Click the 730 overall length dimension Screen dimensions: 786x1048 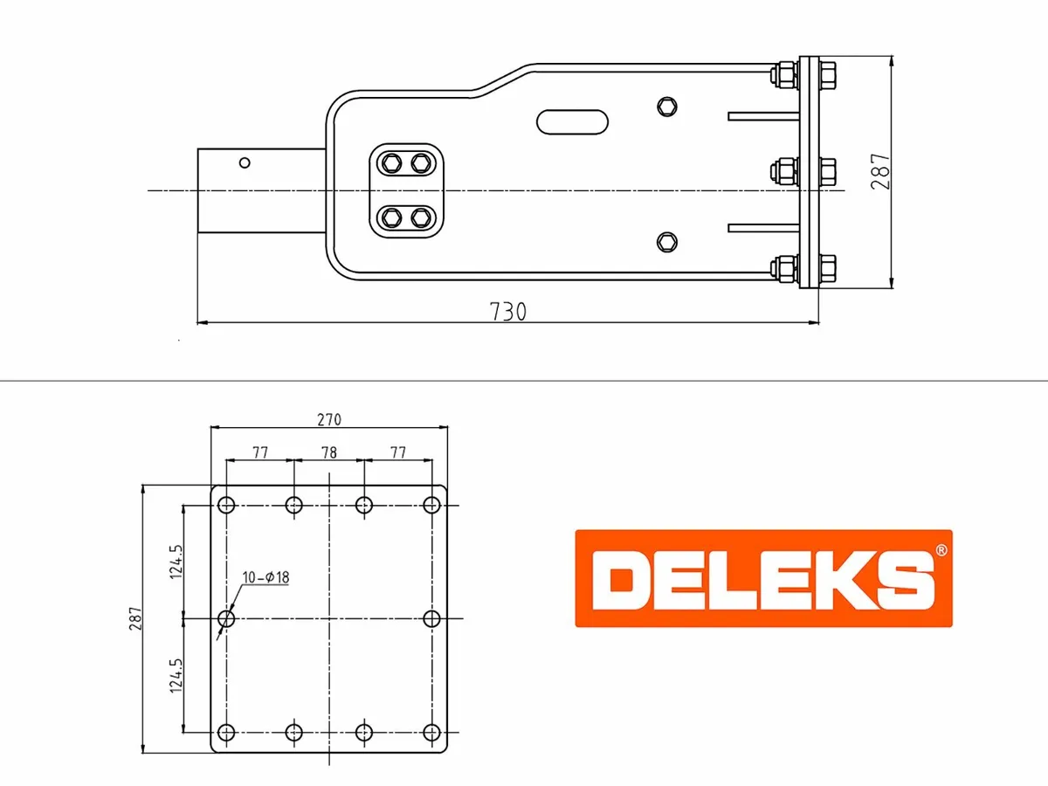pyautogui.click(x=507, y=312)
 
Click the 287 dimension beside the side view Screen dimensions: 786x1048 pyautogui.click(x=881, y=171)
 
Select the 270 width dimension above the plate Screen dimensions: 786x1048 pyautogui.click(x=328, y=419)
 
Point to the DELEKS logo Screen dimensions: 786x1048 pyautogui.click(x=762, y=578)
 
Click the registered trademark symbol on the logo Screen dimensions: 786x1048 pyautogui.click(x=940, y=551)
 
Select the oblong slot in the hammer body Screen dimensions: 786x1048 pyautogui.click(x=573, y=121)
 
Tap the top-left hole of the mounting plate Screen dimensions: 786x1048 pyautogui.click(x=227, y=505)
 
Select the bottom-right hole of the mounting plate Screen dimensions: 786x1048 pyautogui.click(x=431, y=732)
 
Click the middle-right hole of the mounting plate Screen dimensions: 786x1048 pyautogui.click(x=431, y=618)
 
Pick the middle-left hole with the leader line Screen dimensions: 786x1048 pyautogui.click(x=227, y=618)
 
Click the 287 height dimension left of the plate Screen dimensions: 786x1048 pyautogui.click(x=134, y=618)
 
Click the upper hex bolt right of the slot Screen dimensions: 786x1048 pyautogui.click(x=666, y=106)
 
